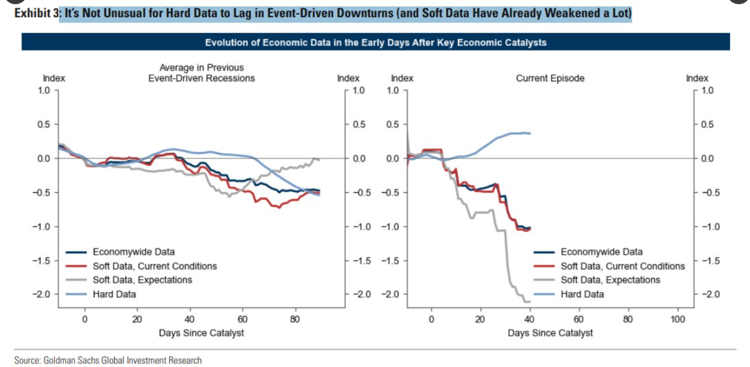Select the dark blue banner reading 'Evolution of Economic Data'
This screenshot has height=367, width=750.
(x=375, y=42)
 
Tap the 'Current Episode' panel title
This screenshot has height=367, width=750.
(x=550, y=79)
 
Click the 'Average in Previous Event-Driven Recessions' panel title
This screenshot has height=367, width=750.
(x=202, y=73)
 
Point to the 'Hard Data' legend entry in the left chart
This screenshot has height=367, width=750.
(x=114, y=294)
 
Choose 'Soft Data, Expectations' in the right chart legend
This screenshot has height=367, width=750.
(x=610, y=280)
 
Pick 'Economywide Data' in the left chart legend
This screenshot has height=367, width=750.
(x=134, y=252)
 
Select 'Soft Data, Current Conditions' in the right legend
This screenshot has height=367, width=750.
(x=623, y=266)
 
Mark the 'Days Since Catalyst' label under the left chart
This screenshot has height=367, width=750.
(x=202, y=333)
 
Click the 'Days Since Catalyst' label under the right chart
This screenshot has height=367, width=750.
(x=550, y=333)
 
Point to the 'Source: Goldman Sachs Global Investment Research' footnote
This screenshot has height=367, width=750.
(x=108, y=360)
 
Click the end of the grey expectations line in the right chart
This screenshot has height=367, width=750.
(x=530, y=302)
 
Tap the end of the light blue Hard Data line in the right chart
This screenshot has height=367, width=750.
(x=530, y=134)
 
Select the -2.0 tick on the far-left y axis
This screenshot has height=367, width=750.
(x=45, y=294)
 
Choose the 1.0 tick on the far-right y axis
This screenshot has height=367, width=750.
(x=707, y=91)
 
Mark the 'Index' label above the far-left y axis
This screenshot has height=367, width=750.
(x=53, y=79)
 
